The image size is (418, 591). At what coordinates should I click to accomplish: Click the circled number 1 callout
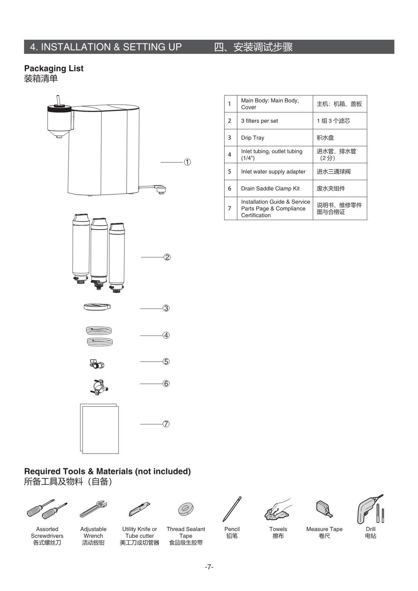[x=187, y=162]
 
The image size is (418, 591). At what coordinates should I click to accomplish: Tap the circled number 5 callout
[x=166, y=361]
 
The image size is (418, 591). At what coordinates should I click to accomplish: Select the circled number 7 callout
[x=166, y=424]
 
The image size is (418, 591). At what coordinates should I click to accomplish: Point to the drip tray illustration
[x=97, y=307]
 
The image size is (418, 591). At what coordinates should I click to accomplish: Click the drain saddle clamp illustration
[x=99, y=386]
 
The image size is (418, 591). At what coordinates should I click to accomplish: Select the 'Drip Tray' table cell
[x=252, y=138]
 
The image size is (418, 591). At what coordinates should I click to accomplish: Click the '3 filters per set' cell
[x=259, y=121]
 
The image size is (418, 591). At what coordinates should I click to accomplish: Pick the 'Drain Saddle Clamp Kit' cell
[x=270, y=188]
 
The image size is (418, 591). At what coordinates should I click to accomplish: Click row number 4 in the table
[x=230, y=155]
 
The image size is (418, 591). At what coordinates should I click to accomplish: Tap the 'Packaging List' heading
[x=54, y=68]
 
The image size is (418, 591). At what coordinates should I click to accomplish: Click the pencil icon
[x=232, y=509]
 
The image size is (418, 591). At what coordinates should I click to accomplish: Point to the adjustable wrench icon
[x=93, y=509]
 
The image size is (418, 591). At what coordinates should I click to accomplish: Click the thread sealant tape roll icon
[x=185, y=509]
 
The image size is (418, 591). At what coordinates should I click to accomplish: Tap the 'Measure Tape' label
[x=324, y=529]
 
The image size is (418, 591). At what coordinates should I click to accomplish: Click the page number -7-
[x=209, y=567]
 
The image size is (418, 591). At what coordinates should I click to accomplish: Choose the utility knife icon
[x=139, y=509]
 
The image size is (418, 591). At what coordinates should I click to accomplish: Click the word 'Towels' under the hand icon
[x=278, y=529]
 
